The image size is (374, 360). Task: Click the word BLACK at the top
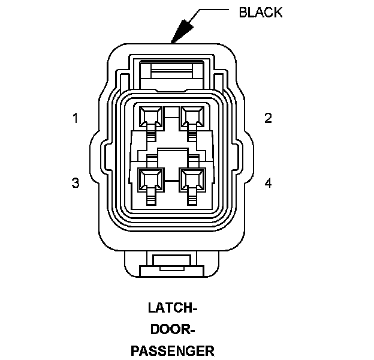(260, 13)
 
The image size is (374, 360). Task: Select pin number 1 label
(76, 118)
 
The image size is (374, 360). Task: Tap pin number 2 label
(268, 118)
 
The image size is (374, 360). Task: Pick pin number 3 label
(76, 183)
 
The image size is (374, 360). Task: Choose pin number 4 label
(268, 183)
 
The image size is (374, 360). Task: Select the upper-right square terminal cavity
(192, 115)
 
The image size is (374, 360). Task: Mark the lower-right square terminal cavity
(192, 178)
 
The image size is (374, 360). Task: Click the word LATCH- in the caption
(173, 309)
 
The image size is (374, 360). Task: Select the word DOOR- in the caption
(173, 329)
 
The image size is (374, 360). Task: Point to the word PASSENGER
(173, 350)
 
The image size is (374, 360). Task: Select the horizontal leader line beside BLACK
(213, 10)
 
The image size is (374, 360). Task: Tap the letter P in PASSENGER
(135, 350)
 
